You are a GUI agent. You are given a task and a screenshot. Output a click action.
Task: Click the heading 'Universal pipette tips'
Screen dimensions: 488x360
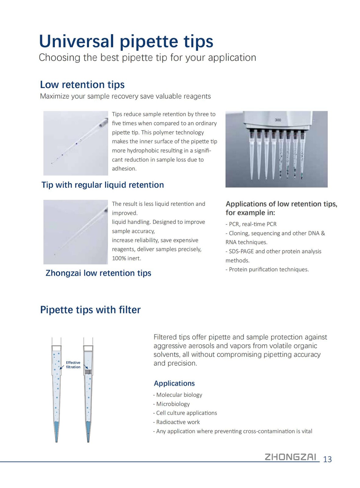coord(126,41)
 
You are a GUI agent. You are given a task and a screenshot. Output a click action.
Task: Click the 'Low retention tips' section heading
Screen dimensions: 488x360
coord(82,84)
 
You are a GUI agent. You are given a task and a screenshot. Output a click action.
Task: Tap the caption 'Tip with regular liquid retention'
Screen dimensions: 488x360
coord(103,185)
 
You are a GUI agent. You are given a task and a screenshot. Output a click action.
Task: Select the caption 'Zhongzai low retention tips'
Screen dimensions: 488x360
coord(98,273)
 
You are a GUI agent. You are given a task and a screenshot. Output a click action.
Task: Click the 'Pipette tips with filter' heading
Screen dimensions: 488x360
coord(90,310)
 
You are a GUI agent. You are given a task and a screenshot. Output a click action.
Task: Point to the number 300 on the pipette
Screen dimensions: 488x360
coord(278,120)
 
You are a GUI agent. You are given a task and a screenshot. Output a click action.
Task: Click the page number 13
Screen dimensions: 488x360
coord(327,459)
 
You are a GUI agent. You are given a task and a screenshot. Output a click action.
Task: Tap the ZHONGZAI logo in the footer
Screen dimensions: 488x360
coord(290,457)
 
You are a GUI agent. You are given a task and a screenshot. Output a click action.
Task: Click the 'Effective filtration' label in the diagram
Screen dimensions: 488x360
coord(73,365)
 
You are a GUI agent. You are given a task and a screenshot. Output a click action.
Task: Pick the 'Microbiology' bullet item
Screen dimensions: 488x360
coord(173,404)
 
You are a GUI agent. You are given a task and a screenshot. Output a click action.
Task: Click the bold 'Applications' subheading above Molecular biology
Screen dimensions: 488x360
coord(174,383)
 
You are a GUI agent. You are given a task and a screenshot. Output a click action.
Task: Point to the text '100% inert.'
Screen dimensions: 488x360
coord(126,258)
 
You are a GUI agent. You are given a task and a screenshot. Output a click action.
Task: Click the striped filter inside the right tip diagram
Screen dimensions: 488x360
coord(88,372)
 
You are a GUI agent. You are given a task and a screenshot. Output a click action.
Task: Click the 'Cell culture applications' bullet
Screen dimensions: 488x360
coord(186,413)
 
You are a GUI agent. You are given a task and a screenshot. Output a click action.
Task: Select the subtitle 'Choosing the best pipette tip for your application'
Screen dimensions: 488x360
coord(147,58)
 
